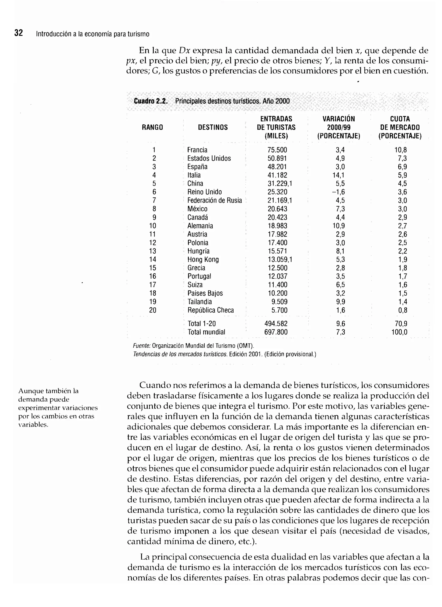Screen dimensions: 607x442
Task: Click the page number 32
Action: [x=19, y=33]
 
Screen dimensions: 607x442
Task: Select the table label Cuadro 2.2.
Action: [x=151, y=101]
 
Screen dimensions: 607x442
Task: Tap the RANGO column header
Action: [x=152, y=127]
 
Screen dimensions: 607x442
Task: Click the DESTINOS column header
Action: [x=213, y=127]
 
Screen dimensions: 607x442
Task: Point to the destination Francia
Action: [x=197, y=150]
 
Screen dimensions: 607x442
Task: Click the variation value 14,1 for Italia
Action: [x=339, y=175]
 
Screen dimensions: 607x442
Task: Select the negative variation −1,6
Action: [x=338, y=192]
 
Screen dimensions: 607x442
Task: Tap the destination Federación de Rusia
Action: [x=214, y=201]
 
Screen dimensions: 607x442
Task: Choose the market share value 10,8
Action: [x=401, y=150]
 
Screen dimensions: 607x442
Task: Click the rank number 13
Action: [x=153, y=251]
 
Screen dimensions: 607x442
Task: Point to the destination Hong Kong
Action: [x=203, y=260]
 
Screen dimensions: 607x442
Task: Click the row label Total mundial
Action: [x=206, y=332]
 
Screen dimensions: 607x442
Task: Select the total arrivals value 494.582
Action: [x=276, y=324]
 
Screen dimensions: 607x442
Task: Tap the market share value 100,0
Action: [x=399, y=332]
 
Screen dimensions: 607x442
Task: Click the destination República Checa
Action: [x=211, y=310]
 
